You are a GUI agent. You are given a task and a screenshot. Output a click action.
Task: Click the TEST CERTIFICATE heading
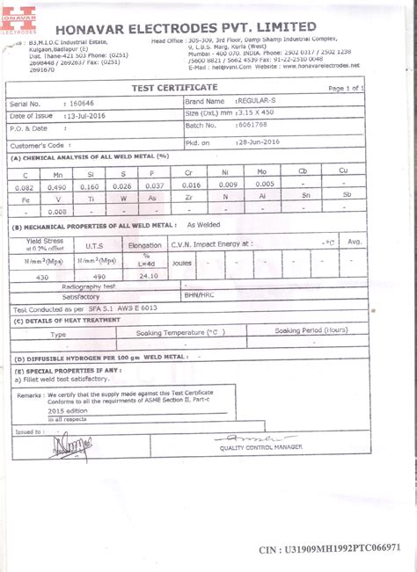174,88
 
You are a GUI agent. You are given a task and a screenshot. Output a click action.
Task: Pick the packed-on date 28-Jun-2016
258,141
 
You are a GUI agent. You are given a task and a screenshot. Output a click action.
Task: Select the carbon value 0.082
25,187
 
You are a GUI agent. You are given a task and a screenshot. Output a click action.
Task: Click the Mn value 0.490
57,187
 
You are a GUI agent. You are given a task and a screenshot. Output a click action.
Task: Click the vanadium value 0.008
57,212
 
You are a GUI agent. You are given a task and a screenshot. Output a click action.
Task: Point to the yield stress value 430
41,276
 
